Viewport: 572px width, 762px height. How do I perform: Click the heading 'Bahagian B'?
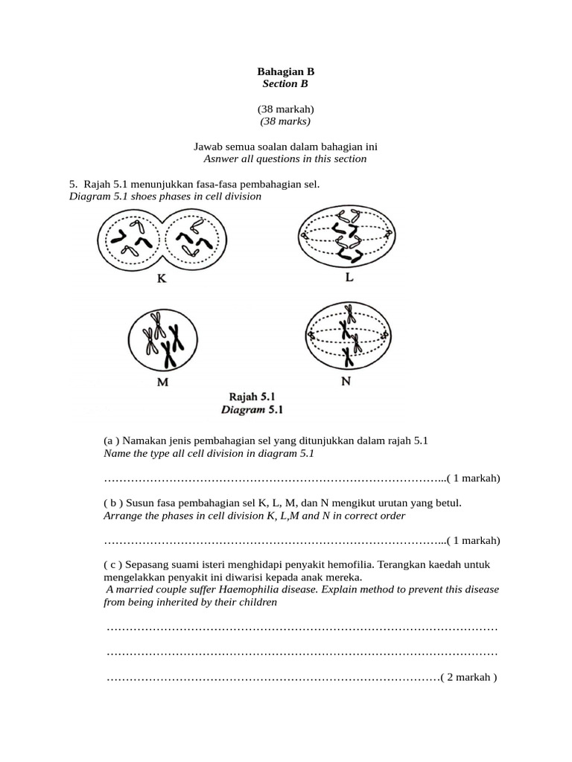pyautogui.click(x=285, y=71)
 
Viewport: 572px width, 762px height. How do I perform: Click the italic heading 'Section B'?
pyautogui.click(x=285, y=84)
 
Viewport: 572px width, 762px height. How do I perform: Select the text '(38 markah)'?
pyautogui.click(x=285, y=109)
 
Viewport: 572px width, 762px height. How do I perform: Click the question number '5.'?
pyautogui.click(x=73, y=184)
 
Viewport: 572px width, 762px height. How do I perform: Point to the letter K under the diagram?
pyautogui.click(x=162, y=279)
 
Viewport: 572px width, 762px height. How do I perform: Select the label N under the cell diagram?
pyautogui.click(x=346, y=381)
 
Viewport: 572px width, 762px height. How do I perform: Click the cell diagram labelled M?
pyautogui.click(x=162, y=340)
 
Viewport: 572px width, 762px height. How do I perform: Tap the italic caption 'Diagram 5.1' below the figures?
pyautogui.click(x=252, y=409)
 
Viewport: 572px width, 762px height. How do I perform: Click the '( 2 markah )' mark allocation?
pyautogui.click(x=468, y=677)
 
